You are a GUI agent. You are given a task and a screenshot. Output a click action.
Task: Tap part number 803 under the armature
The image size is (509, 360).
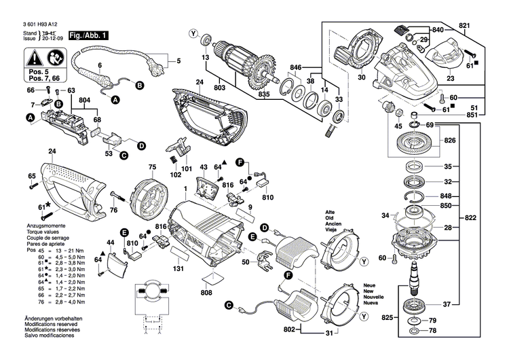point(220,88)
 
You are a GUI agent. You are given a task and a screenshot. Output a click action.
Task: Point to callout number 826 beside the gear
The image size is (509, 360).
point(449,141)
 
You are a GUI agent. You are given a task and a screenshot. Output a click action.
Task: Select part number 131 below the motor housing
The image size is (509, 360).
point(179,268)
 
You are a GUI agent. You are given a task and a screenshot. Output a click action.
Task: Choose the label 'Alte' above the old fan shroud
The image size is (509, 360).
point(330,211)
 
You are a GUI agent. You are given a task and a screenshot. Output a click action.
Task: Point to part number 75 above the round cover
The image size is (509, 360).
point(153,167)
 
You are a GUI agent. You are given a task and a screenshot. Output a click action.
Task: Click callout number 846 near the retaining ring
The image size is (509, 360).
point(296,69)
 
